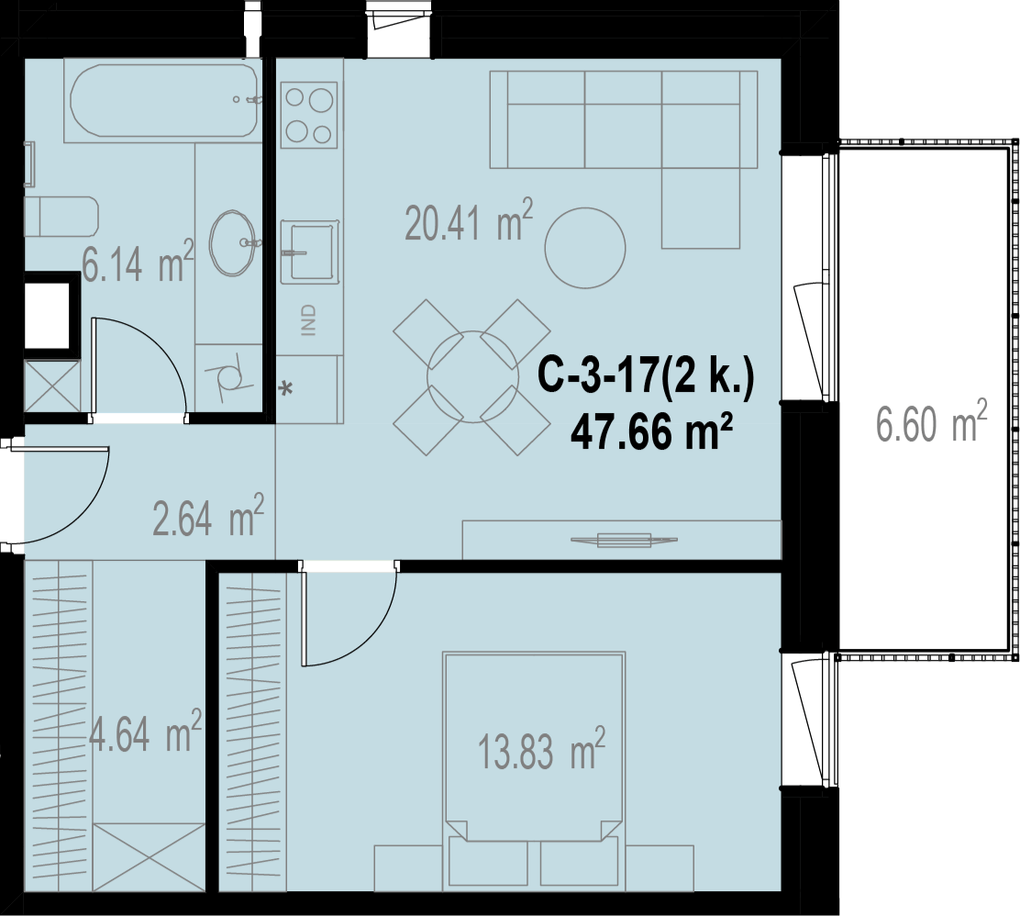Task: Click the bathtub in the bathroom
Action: [162, 100]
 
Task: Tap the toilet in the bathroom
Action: [61, 217]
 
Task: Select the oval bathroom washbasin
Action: [232, 243]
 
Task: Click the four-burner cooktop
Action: [309, 115]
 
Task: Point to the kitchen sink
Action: [310, 252]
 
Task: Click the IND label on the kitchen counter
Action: [309, 320]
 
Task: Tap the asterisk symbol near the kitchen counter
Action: [285, 389]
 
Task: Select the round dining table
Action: [472, 377]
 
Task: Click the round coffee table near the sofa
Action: [585, 248]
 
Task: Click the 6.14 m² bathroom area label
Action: [138, 262]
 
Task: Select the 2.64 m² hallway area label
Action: [208, 516]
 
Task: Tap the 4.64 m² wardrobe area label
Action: [145, 732]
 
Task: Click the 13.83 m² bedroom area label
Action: [541, 749]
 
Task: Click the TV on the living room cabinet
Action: [624, 540]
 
